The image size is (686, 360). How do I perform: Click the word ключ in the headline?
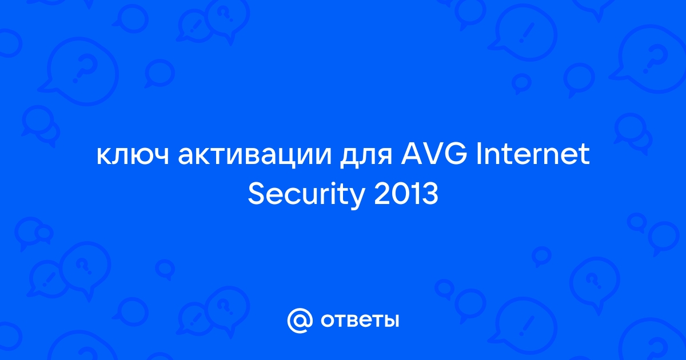[x=133, y=156]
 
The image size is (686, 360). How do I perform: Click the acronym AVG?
[x=434, y=153]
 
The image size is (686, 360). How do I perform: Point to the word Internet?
[x=533, y=153]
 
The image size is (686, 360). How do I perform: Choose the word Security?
[x=306, y=196]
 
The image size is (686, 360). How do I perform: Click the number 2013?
[x=406, y=194]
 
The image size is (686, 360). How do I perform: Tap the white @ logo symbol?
[x=300, y=321]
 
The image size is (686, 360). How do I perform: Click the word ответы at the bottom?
[x=360, y=321]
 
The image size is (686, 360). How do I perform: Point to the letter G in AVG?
[x=456, y=153]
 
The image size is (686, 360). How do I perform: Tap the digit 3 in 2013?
[x=430, y=194]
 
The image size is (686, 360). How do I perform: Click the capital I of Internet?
[x=478, y=153]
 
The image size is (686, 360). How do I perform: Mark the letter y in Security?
[x=357, y=199]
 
